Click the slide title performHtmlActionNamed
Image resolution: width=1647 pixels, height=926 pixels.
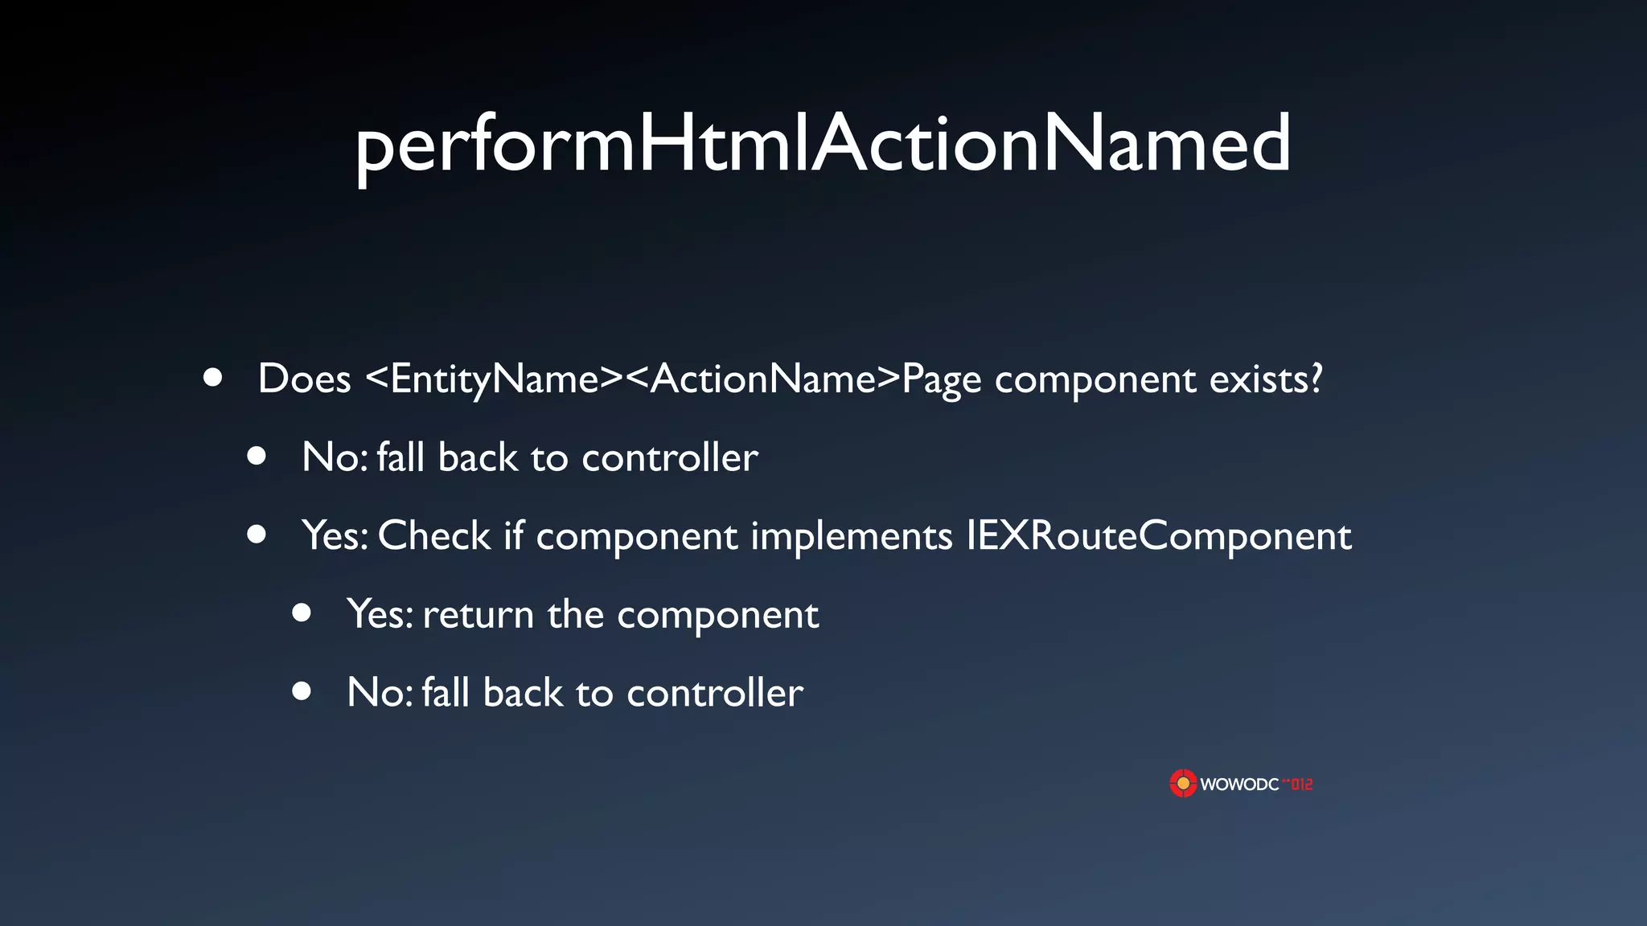823,145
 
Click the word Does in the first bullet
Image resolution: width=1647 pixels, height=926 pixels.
304,379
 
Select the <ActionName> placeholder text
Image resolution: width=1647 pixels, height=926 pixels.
762,379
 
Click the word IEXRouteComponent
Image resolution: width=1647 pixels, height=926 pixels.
1158,536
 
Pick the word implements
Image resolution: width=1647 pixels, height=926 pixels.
851,536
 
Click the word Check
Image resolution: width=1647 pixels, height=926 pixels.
434,536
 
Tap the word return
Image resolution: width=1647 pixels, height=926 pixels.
478,615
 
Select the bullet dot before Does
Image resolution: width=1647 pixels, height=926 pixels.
212,377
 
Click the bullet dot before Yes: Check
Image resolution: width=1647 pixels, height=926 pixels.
257,535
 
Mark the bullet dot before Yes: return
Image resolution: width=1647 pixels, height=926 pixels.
302,613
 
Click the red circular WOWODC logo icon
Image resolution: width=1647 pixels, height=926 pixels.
1183,784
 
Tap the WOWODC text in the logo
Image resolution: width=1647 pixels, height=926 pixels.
1239,785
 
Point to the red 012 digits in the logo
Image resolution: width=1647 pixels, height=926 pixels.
1301,785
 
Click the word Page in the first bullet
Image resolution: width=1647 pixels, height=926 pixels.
941,379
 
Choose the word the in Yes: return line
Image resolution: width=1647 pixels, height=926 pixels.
575,615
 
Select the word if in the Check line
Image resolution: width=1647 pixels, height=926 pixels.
513,536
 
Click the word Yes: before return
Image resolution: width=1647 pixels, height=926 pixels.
380,615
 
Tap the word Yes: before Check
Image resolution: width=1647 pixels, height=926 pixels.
335,536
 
